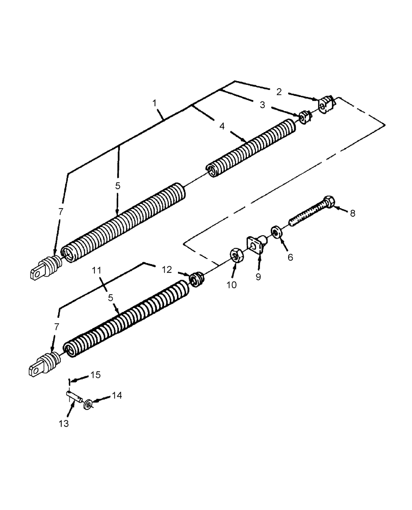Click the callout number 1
[x=154, y=103]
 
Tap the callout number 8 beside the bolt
[x=352, y=214]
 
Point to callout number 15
[x=95, y=375]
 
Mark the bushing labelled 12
[x=196, y=279]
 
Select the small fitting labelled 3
[x=305, y=117]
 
